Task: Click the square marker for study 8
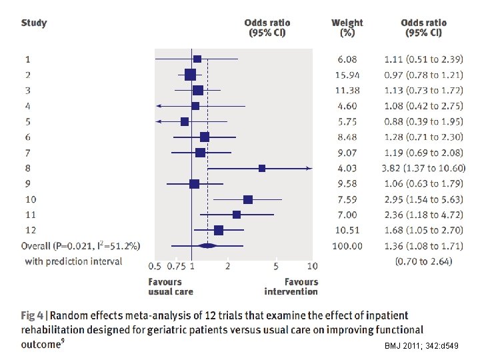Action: tap(262, 168)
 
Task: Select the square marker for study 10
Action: tap(248, 199)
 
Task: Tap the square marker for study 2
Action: tap(190, 74)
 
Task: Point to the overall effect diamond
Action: tap(208, 246)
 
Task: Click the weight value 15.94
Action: tap(347, 74)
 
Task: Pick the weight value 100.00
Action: tap(347, 246)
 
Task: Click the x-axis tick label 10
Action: tap(312, 266)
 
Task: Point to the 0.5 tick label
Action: tap(155, 266)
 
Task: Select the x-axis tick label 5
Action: tap(276, 266)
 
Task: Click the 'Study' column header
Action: tap(34, 23)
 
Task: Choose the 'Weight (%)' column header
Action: tap(347, 27)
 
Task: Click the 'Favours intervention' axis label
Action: tap(291, 287)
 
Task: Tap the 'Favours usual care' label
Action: tap(171, 287)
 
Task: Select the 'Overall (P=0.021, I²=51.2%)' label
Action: tap(81, 246)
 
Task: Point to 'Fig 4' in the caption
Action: tap(34, 315)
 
